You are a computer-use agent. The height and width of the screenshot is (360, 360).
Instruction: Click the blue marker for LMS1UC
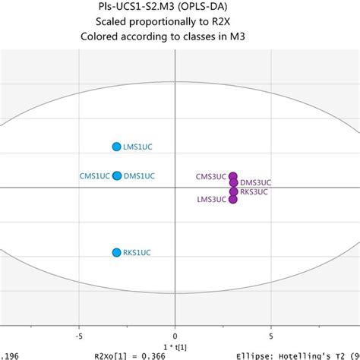pyautogui.click(x=116, y=147)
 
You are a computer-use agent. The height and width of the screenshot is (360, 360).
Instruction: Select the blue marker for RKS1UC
pyautogui.click(x=116, y=253)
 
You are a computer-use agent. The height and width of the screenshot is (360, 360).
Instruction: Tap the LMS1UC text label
pyautogui.click(x=140, y=147)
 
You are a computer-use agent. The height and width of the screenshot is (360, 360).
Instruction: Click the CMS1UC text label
pyautogui.click(x=94, y=176)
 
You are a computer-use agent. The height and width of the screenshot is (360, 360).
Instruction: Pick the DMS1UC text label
pyautogui.click(x=140, y=176)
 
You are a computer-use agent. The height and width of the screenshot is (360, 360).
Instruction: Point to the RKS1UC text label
pyautogui.click(x=140, y=254)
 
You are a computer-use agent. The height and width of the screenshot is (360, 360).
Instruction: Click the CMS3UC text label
pyautogui.click(x=210, y=177)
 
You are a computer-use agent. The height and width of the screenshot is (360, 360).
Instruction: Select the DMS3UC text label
pyautogui.click(x=255, y=183)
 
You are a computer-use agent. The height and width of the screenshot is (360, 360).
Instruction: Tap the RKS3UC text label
pyautogui.click(x=254, y=191)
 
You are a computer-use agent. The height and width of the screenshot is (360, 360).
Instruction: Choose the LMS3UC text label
pyautogui.click(x=211, y=200)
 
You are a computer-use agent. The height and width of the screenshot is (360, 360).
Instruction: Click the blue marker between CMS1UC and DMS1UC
pyautogui.click(x=116, y=176)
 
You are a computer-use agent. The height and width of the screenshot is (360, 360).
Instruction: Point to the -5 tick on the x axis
pyautogui.click(x=78, y=332)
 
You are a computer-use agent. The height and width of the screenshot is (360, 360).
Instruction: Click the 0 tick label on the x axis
pyautogui.click(x=175, y=332)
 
